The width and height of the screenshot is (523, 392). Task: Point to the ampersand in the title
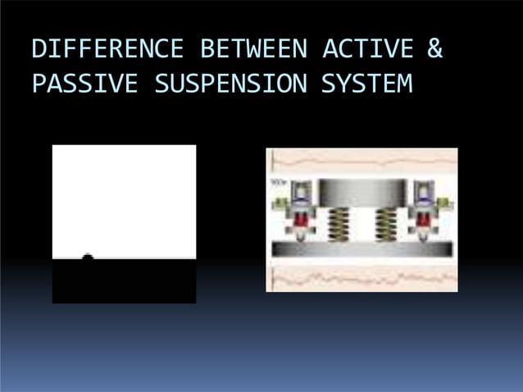(434, 50)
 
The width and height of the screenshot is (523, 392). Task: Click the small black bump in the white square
(88, 258)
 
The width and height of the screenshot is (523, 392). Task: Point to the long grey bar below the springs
(362, 248)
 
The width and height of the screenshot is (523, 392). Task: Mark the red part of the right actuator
(425, 222)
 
